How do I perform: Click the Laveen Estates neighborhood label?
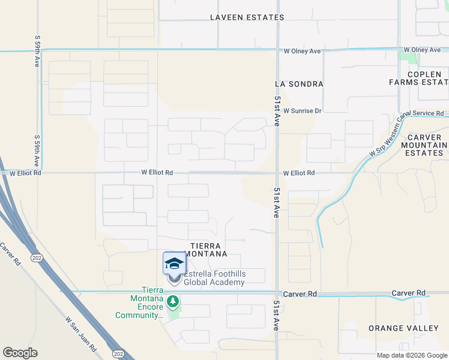(247, 17)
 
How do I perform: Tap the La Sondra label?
(299, 84)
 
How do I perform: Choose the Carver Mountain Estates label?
(424, 145)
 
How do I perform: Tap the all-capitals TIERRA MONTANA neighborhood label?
(208, 250)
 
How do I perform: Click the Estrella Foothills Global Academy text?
(215, 278)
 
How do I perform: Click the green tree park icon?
(173, 301)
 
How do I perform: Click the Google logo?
(20, 353)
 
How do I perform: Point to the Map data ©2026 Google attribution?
(411, 355)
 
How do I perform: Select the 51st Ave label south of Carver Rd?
(277, 316)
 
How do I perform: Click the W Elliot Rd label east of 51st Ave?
(299, 173)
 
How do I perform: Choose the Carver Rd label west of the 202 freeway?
(11, 254)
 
